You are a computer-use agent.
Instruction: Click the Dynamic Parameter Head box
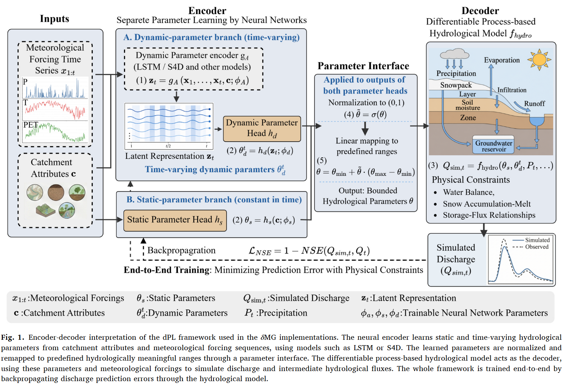(x=262, y=129)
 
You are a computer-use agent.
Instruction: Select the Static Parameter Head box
(x=175, y=220)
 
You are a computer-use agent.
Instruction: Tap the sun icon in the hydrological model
(x=539, y=60)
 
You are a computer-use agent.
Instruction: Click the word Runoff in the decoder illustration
(x=534, y=104)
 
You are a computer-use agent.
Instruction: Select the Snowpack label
(x=456, y=85)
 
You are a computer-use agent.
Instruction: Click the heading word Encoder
(x=207, y=10)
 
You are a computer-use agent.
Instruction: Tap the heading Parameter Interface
(x=363, y=66)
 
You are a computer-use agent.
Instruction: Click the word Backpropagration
(x=181, y=250)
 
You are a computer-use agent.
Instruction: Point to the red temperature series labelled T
(x=55, y=109)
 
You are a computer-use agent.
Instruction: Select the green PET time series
(x=55, y=132)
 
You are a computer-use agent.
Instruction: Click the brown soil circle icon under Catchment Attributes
(x=56, y=192)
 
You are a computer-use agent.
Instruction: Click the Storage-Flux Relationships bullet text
(x=484, y=215)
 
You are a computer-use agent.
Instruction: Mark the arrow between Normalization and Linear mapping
(x=365, y=129)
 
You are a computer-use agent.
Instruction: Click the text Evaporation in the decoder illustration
(x=501, y=60)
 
